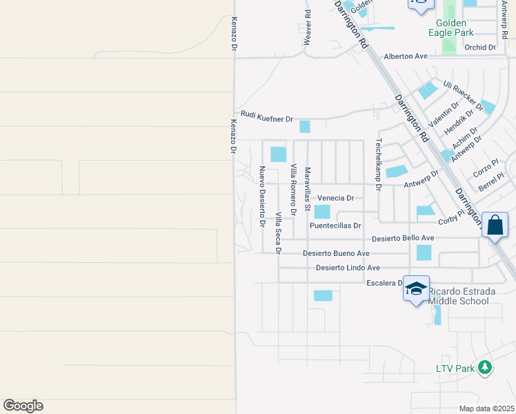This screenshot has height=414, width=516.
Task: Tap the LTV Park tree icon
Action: pyautogui.click(x=486, y=368)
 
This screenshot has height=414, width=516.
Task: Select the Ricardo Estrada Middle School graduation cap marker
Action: pyautogui.click(x=416, y=289)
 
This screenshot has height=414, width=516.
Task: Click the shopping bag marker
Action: pyautogui.click(x=495, y=225)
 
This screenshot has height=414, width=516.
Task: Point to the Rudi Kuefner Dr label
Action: pyautogui.click(x=267, y=117)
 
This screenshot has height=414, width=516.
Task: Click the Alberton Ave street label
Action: pyautogui.click(x=406, y=56)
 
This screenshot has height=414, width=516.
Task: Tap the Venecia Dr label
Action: pyautogui.click(x=336, y=198)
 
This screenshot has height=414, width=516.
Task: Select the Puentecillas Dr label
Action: pyautogui.click(x=335, y=226)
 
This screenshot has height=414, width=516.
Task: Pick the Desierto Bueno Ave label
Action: pyautogui.click(x=336, y=253)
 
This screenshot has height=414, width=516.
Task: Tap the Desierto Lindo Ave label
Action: pyautogui.click(x=348, y=268)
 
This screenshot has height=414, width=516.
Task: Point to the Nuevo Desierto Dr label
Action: pyautogui.click(x=262, y=197)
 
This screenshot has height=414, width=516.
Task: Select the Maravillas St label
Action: pyautogui.click(x=308, y=187)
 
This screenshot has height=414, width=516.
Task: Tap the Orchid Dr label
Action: pyautogui.click(x=480, y=48)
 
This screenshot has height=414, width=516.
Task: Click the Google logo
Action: pyautogui.click(x=23, y=406)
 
